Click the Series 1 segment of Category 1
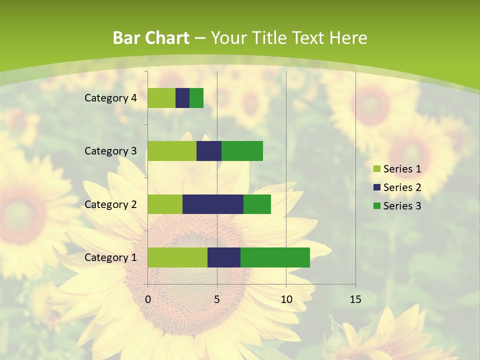coord(177,257)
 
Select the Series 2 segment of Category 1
coord(224,257)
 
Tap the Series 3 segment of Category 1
coord(275,257)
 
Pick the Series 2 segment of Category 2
coord(213,204)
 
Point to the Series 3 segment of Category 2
coord(257,204)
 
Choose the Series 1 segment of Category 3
coord(172,151)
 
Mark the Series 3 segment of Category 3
coord(242,151)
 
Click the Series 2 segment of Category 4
coord(182,98)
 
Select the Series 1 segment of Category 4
coord(161,98)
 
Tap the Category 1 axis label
coord(110,257)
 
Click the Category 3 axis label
coord(110,151)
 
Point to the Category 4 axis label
coord(110,98)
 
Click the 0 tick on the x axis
coord(148,299)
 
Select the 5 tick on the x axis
coord(217,299)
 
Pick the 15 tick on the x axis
coord(355,299)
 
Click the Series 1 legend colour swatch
coord(376,169)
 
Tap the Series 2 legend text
coord(402,187)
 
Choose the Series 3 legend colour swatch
coord(376,206)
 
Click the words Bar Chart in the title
coord(150,38)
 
